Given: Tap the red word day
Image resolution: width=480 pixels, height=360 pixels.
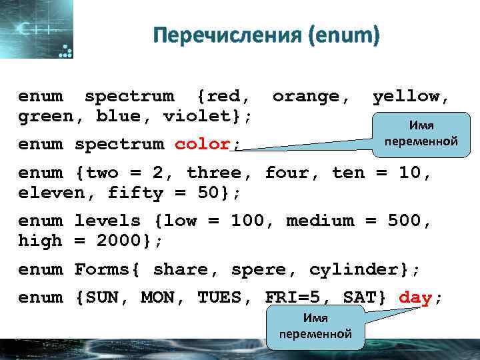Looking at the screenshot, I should coord(415,298).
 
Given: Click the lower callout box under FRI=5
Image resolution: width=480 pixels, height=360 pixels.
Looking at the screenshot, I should coord(315,327).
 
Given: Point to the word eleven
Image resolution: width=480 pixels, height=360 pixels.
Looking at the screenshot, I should coord(47,193).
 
